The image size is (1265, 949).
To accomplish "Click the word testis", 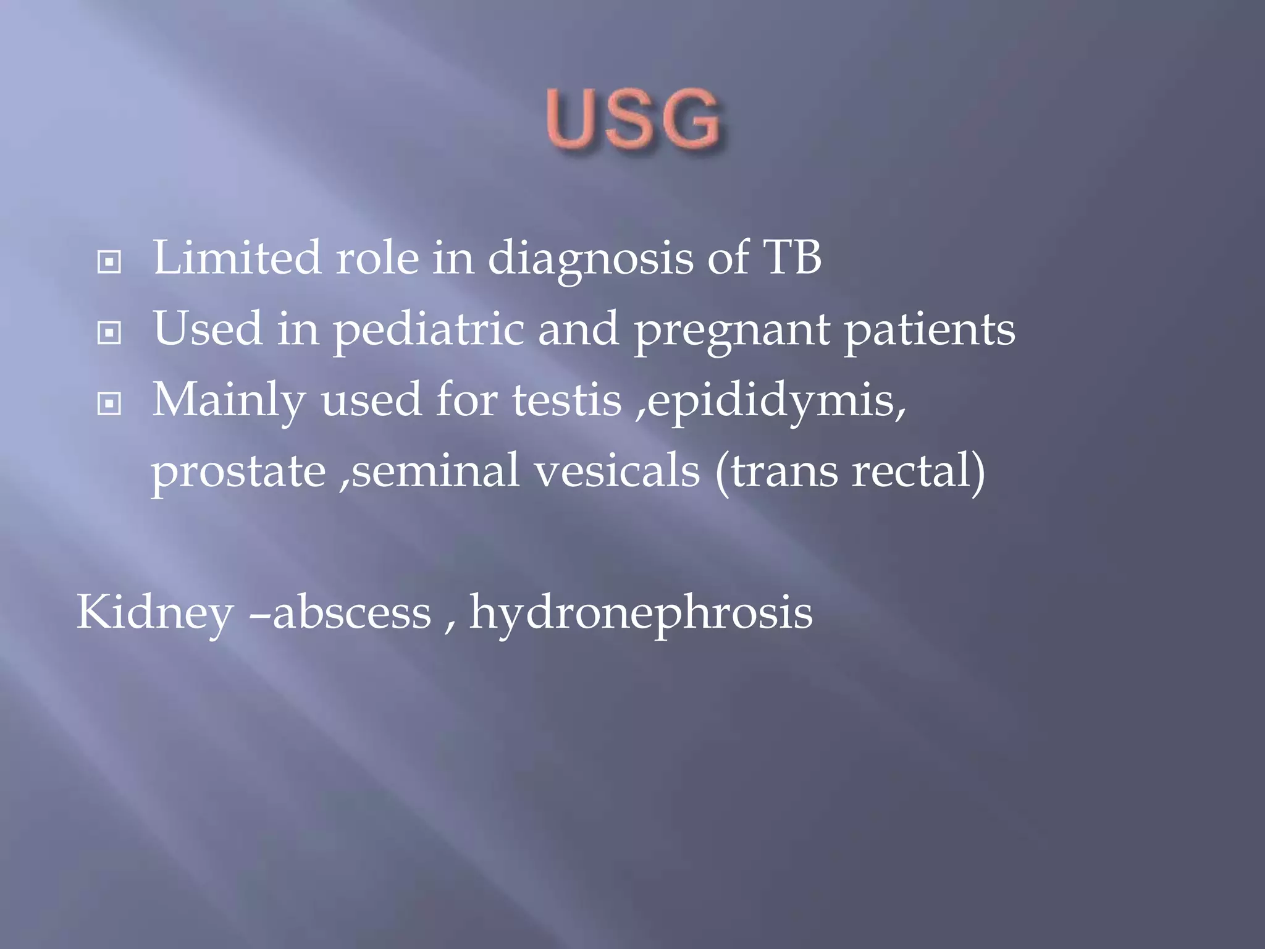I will (x=566, y=400).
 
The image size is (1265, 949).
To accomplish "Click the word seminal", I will (x=435, y=471).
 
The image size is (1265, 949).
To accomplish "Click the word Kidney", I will (x=154, y=614).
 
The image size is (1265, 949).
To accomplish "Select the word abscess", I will (x=351, y=613).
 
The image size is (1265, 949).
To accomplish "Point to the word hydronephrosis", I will (x=641, y=614).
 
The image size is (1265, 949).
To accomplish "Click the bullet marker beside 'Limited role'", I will (x=109, y=262).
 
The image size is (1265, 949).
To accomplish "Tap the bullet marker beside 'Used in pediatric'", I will (x=109, y=334).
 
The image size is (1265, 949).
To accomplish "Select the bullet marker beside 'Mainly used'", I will (x=109, y=405).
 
